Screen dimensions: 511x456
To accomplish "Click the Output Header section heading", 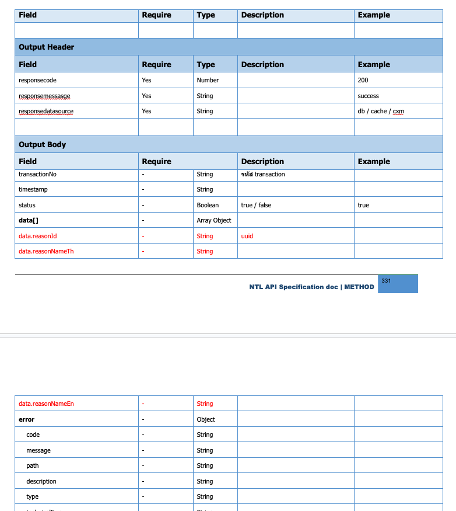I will point(47,47).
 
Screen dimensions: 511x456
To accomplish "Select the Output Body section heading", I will point(42,145).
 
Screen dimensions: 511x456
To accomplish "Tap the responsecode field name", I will point(37,80).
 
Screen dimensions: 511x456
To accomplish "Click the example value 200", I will point(363,80).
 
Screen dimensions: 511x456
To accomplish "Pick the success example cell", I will point(368,96).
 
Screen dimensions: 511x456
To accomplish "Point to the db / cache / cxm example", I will point(381,111).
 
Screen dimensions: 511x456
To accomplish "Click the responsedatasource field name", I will point(46,111).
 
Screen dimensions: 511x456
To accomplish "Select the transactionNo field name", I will point(37,174).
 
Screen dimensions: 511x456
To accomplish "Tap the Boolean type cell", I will point(208,205).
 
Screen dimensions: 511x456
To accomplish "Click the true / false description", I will point(256,205).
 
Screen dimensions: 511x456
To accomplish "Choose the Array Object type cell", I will point(214,220).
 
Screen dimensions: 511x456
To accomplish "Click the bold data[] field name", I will point(29,220).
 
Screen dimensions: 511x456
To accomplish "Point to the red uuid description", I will point(247,236).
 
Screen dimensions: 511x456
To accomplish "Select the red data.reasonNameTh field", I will point(46,251).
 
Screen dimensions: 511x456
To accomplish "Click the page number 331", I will point(386,281).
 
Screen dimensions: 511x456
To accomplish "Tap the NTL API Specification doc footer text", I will point(311,287).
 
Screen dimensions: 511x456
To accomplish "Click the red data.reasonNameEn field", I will point(46,404).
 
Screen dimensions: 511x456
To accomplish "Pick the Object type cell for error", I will point(206,419).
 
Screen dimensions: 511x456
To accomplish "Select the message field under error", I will point(38,450).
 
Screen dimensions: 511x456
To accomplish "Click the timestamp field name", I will point(34,189).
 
